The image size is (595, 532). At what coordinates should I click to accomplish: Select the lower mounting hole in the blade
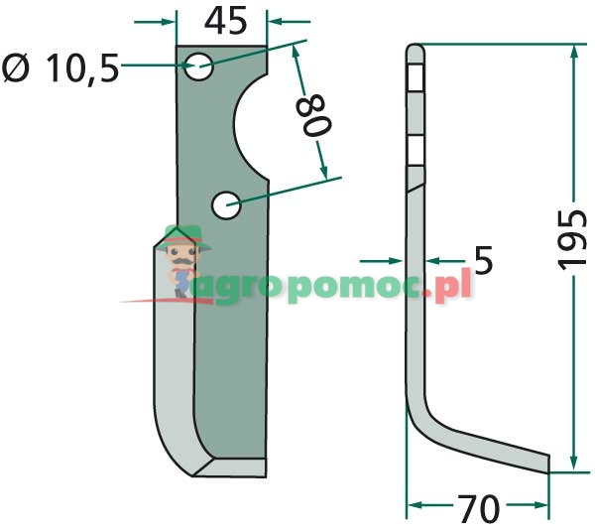tap(226, 205)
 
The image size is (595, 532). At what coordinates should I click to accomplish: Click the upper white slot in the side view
tap(416, 76)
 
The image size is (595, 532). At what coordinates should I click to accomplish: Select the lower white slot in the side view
tap(416, 152)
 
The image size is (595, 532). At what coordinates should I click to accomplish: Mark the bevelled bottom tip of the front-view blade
tap(230, 466)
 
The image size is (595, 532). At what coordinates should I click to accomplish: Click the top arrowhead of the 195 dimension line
tap(572, 54)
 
